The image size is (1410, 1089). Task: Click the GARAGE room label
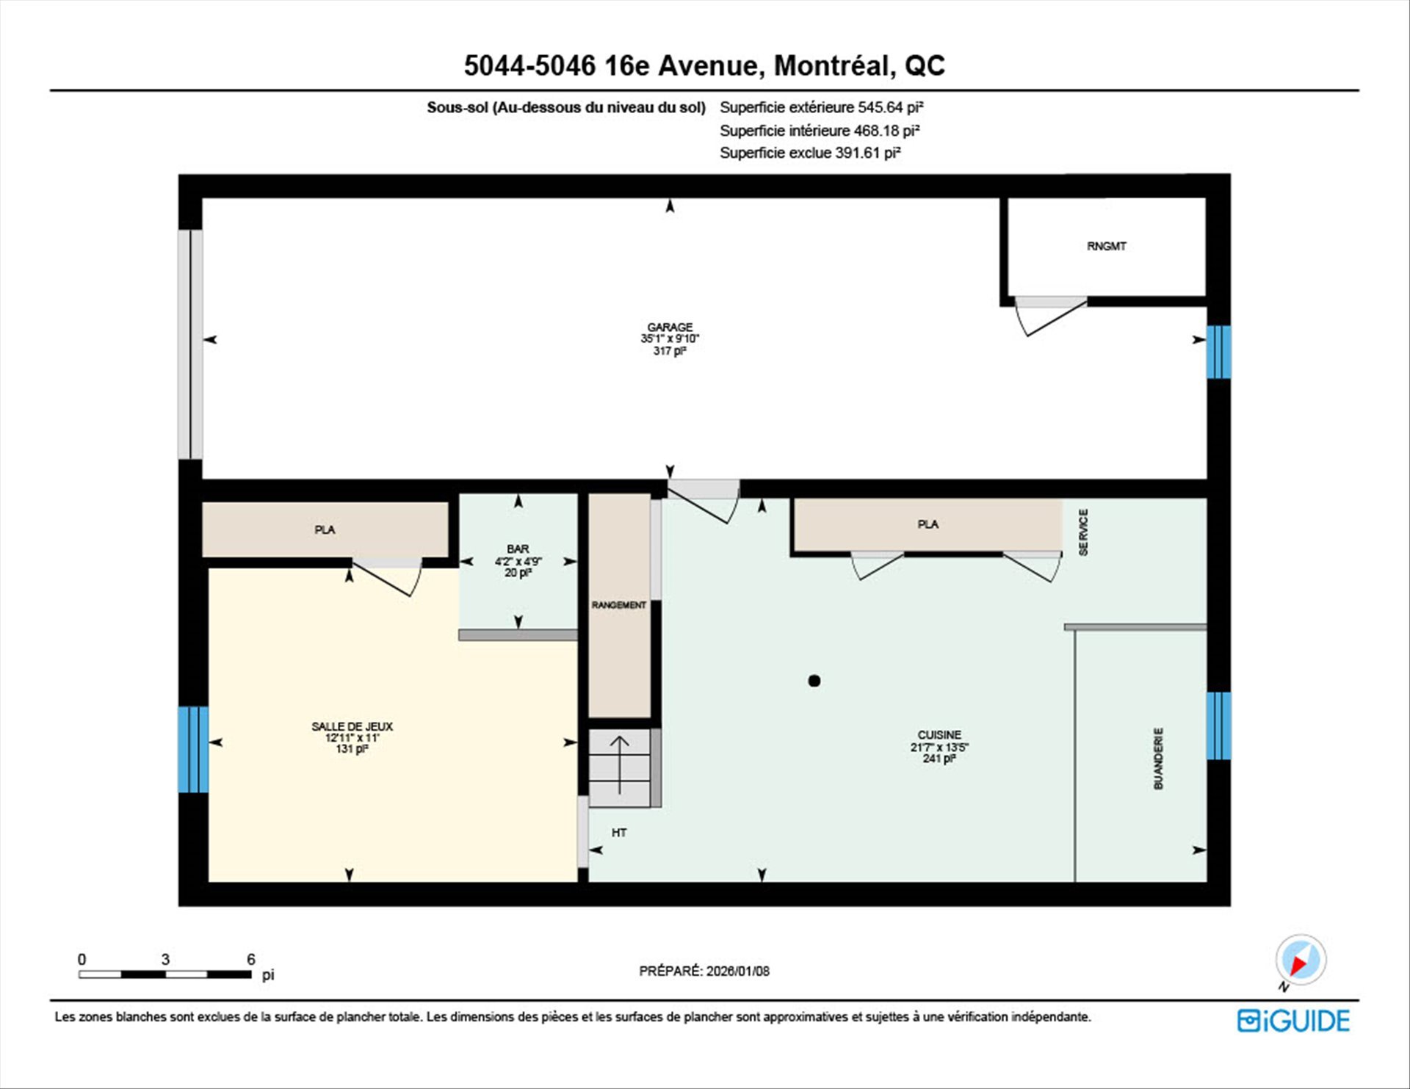[670, 328]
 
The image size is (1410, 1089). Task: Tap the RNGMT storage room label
[1106, 246]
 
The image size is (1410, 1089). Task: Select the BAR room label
[518, 549]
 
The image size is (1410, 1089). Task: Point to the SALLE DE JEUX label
[352, 726]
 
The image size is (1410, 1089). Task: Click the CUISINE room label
[939, 735]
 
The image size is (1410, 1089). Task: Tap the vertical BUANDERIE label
[1159, 759]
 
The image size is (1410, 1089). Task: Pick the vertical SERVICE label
[1083, 532]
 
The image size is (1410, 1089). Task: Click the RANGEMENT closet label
[619, 605]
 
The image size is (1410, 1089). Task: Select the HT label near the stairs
[619, 833]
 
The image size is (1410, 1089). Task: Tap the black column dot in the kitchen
[814, 681]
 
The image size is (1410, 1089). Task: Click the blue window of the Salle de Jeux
[193, 749]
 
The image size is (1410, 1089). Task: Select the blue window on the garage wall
[1218, 352]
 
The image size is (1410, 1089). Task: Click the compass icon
[1301, 960]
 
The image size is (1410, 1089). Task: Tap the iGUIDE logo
[1293, 1021]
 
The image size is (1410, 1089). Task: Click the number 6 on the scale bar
[251, 959]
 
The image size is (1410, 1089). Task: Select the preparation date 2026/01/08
[738, 971]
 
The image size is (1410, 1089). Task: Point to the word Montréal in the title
[835, 66]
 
